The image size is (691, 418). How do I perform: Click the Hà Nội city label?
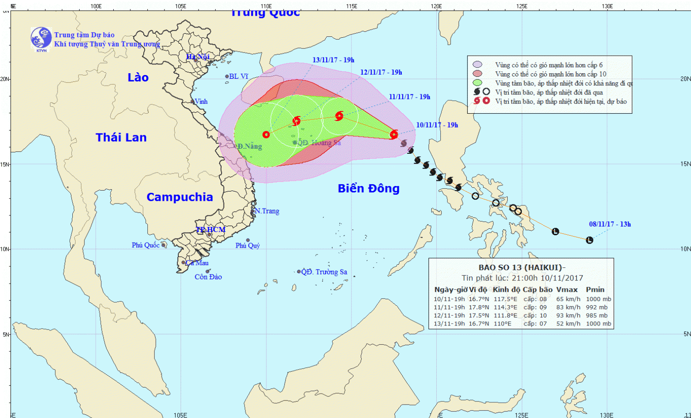198,57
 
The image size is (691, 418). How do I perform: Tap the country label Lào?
138,77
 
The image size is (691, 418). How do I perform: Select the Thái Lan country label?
121,137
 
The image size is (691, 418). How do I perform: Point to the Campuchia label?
180,197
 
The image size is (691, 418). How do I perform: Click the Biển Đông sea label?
369,188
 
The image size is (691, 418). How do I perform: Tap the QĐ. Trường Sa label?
324,272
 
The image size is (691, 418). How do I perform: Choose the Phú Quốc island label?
146,245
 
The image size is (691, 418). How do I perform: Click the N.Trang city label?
267,211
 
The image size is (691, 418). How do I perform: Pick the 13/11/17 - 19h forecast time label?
333,60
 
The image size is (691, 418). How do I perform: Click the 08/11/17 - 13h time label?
610,224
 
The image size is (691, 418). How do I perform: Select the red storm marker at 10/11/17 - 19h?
394,134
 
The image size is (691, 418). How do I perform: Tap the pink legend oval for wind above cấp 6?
477,65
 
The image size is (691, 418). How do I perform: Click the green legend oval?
477,83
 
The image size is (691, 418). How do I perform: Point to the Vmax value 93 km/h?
568,315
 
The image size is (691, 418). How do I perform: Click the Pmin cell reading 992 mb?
597,307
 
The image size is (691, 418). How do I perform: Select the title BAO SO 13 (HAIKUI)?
521,267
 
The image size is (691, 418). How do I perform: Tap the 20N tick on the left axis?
5,79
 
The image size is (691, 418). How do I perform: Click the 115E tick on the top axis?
351,6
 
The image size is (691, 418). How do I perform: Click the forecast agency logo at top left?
41,39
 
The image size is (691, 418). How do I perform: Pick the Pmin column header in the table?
595,290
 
